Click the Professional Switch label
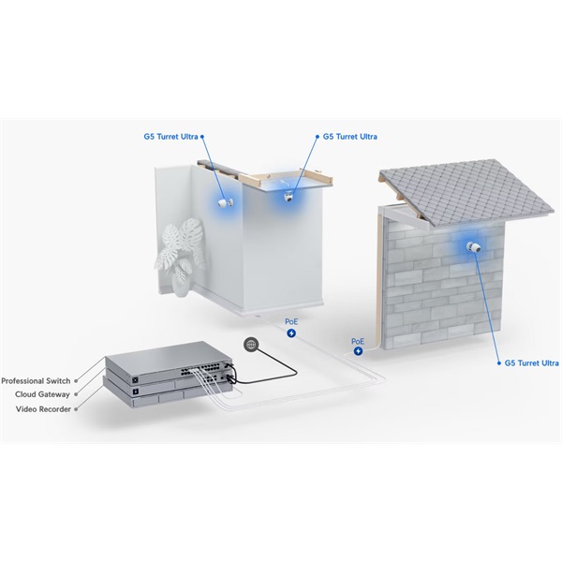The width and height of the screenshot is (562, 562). click(x=36, y=380)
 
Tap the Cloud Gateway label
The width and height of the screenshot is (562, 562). click(x=42, y=394)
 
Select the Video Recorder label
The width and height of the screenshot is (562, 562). click(x=43, y=409)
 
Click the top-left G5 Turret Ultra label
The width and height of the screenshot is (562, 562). click(x=171, y=137)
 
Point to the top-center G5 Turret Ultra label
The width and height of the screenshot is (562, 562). click(x=349, y=137)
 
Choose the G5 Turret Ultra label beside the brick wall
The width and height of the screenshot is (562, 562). click(x=531, y=363)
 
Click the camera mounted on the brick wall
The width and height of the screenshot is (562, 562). click(x=473, y=247)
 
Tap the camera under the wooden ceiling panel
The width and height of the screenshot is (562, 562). click(x=288, y=197)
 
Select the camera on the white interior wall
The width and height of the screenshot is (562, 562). click(x=226, y=203)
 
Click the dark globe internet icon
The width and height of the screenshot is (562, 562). click(x=250, y=345)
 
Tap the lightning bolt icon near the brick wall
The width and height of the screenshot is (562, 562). click(x=358, y=351)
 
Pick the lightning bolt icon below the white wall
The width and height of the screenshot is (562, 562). click(x=291, y=333)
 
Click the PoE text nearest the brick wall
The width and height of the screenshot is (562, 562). click(x=358, y=342)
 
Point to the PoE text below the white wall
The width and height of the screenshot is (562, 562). click(x=291, y=322)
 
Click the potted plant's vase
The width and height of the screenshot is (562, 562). click(x=180, y=285)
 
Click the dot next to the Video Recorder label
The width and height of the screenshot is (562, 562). click(x=76, y=409)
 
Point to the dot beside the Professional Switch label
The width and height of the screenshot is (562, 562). click(x=76, y=381)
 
